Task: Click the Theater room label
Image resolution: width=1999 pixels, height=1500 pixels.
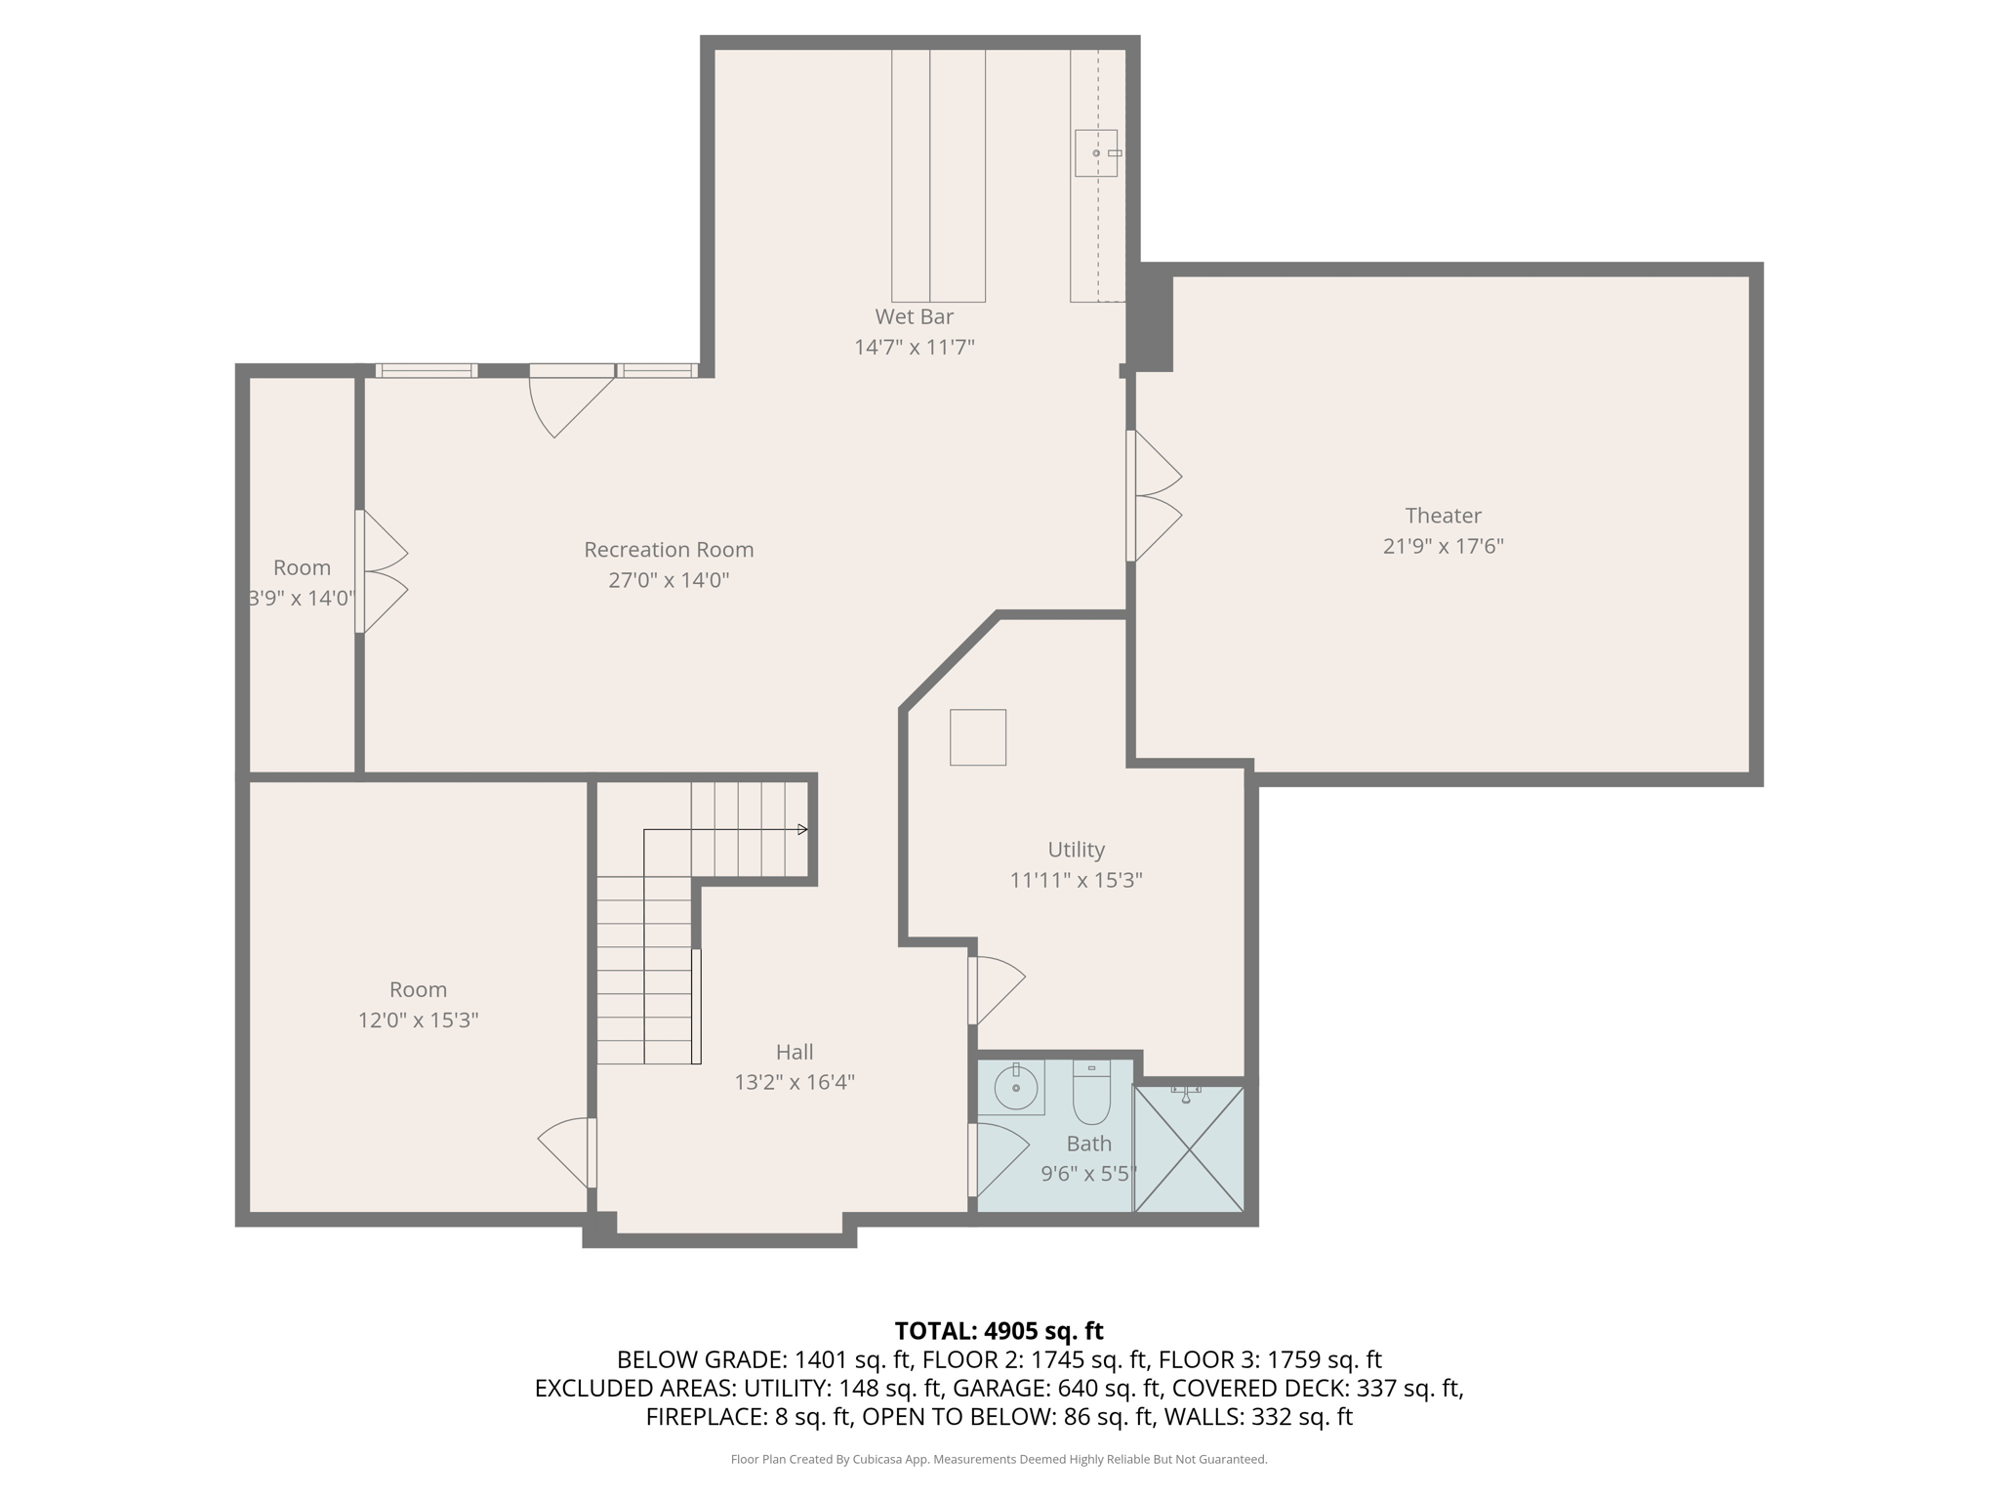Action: (1443, 516)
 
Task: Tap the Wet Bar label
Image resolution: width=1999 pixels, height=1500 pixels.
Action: (914, 316)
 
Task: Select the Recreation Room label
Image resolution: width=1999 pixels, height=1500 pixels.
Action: (669, 550)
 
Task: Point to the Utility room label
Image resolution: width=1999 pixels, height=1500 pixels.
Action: (1076, 850)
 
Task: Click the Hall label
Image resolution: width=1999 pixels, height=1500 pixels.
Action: (795, 1052)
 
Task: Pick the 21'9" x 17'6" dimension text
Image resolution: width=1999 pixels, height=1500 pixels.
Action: (1443, 546)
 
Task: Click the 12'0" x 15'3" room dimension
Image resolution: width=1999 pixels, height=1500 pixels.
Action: (418, 1021)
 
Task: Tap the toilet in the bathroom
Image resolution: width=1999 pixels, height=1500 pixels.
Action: (1091, 1092)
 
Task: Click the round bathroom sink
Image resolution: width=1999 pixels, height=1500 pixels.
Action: (1015, 1087)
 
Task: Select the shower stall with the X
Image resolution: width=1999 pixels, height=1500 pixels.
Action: (1189, 1148)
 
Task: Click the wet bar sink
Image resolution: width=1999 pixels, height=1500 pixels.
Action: (1096, 153)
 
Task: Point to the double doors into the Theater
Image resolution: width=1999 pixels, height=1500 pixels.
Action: (1154, 496)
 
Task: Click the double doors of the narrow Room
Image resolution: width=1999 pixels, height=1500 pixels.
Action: (381, 571)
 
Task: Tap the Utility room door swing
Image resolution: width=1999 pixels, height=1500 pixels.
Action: (997, 990)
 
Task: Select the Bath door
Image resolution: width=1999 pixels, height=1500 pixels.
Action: (999, 1160)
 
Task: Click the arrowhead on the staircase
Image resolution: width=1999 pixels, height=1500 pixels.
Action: (802, 830)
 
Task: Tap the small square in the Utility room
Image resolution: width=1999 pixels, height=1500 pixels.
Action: (978, 737)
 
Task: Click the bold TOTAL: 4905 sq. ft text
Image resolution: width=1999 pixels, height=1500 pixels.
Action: (999, 1331)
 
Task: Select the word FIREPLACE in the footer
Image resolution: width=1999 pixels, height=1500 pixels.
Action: (701, 1417)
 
